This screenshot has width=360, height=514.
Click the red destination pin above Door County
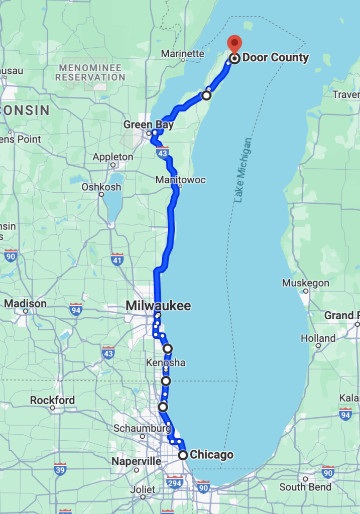pyautogui.click(x=234, y=44)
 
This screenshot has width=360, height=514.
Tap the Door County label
pyautogui.click(x=275, y=58)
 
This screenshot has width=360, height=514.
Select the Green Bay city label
pyautogui.click(x=149, y=125)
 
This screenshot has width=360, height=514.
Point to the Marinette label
pyautogui.click(x=183, y=54)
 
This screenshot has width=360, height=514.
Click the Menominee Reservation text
pyautogui.click(x=90, y=72)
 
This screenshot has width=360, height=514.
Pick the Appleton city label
pyautogui.click(x=113, y=157)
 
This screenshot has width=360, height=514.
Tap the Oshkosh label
pyautogui.click(x=101, y=187)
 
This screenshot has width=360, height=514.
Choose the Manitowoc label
pyautogui.click(x=181, y=180)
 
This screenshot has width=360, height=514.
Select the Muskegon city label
pyautogui.click(x=305, y=283)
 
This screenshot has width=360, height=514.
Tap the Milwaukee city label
pyautogui.click(x=158, y=306)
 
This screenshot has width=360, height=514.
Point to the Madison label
pyautogui.click(x=25, y=304)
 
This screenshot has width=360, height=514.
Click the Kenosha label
pyautogui.click(x=166, y=362)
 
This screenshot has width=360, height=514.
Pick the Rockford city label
pyautogui.click(x=52, y=401)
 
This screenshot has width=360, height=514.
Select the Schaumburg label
pyautogui.click(x=142, y=428)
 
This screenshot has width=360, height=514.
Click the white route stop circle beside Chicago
pyautogui.click(x=183, y=455)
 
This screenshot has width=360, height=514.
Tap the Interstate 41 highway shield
pyautogui.click(x=117, y=259)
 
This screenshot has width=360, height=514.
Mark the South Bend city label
pyautogui.click(x=305, y=487)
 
